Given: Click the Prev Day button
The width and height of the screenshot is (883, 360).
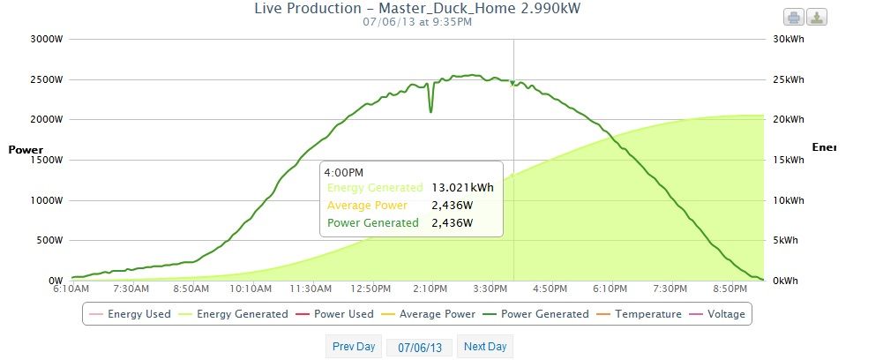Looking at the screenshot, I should (354, 347).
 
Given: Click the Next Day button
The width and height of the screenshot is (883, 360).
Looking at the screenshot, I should (485, 347).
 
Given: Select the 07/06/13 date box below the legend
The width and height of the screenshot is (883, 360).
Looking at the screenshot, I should (420, 348).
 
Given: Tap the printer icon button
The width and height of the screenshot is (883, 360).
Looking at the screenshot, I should (793, 18).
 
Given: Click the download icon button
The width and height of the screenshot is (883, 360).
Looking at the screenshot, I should (816, 18).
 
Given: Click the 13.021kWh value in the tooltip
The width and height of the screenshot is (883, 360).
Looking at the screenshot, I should (462, 187).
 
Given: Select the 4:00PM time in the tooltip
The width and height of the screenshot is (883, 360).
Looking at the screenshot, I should (344, 171).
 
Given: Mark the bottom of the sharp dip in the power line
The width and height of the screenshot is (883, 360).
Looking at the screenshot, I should (430, 112).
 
